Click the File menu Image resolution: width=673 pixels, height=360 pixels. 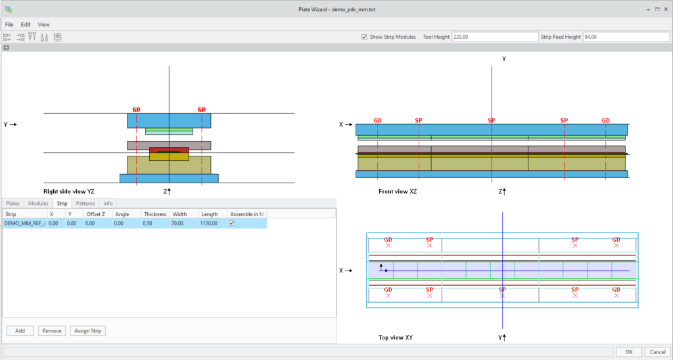pos(9,24)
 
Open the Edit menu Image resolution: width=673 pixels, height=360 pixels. pos(26,24)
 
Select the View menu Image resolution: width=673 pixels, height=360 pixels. pos(43,24)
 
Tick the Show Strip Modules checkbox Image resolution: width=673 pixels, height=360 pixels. pos(365,37)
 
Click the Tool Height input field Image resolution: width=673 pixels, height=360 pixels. pos(494,37)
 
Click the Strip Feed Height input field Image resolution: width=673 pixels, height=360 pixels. pos(625,37)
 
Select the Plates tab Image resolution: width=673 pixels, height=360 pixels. pos(13,203)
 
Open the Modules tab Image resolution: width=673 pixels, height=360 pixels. pos(38,203)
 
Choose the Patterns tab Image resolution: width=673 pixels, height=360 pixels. pos(85,203)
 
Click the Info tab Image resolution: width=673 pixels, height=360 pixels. pos(108,203)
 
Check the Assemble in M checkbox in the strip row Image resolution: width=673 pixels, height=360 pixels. pos(231,223)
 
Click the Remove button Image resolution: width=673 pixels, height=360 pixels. pos(52,330)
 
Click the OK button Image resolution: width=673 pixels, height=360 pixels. pos(628,351)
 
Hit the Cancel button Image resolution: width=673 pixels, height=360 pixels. pos(657,351)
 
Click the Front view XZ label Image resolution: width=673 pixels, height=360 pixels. pos(398,191)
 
